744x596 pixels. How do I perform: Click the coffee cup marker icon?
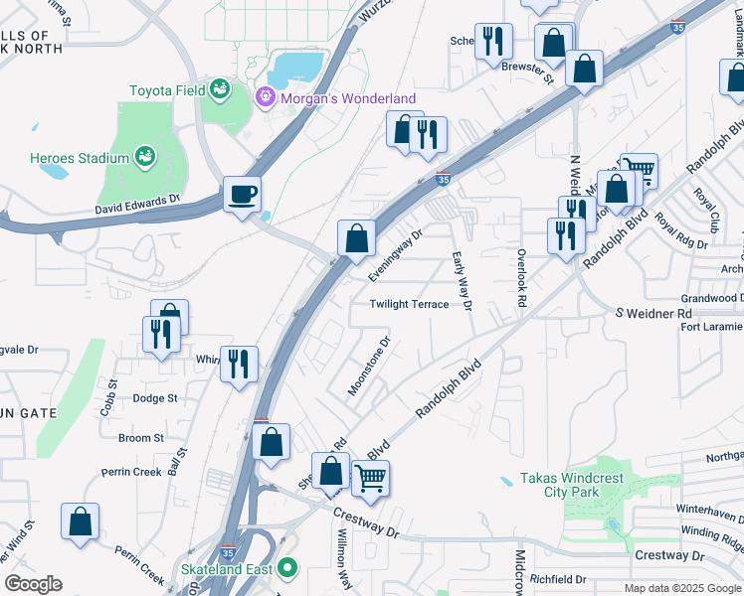click(x=242, y=194)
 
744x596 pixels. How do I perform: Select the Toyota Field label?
click(x=165, y=90)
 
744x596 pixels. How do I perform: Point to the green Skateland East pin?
click(x=287, y=568)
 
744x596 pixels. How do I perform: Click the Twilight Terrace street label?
click(x=410, y=305)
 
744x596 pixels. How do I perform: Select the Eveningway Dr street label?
click(x=396, y=254)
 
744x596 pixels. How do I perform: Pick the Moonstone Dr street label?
click(x=368, y=366)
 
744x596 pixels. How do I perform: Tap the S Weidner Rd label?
click(x=652, y=314)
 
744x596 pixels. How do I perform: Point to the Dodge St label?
click(x=154, y=398)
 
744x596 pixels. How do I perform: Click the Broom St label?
click(x=141, y=438)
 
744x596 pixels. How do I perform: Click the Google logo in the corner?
click(x=33, y=584)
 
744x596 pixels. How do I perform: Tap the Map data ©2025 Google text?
click(x=681, y=588)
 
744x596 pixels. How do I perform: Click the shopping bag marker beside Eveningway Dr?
click(x=356, y=238)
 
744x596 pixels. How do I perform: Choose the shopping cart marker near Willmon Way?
click(x=370, y=479)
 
